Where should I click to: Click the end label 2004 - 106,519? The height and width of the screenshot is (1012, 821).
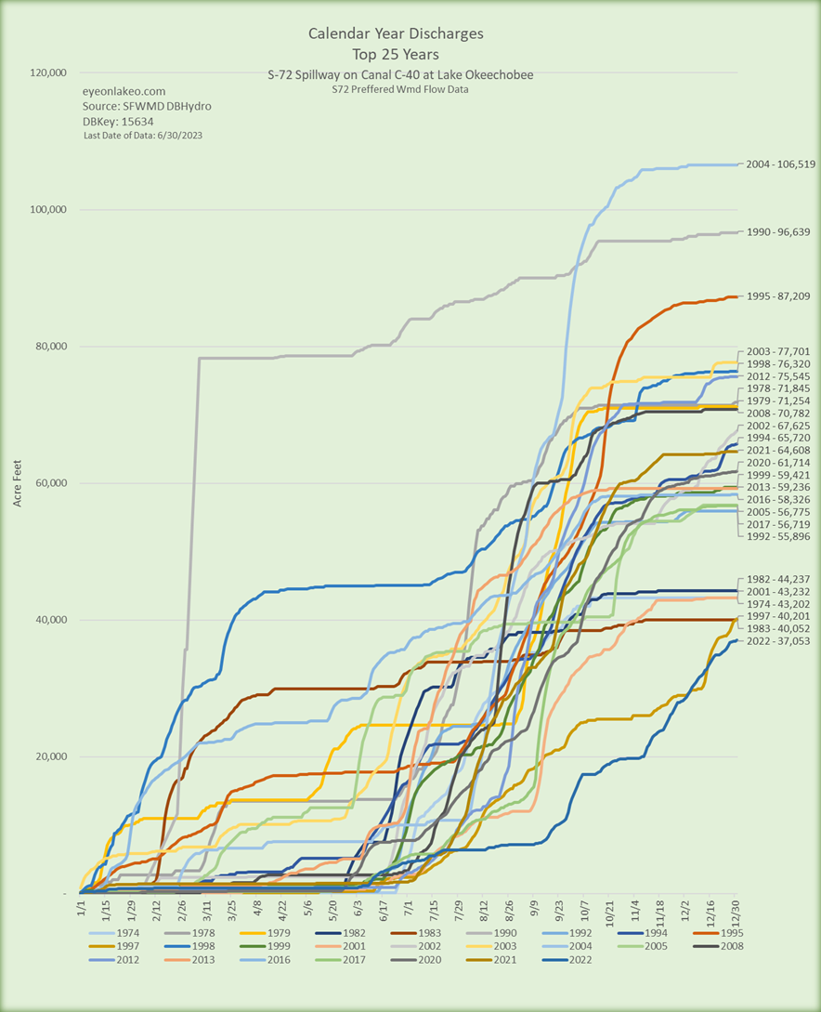click(779, 164)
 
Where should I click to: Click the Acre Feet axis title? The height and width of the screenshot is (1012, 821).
click(19, 483)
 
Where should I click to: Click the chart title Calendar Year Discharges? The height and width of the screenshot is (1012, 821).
click(396, 34)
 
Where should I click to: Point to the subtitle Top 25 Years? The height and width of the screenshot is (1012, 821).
click(396, 54)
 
